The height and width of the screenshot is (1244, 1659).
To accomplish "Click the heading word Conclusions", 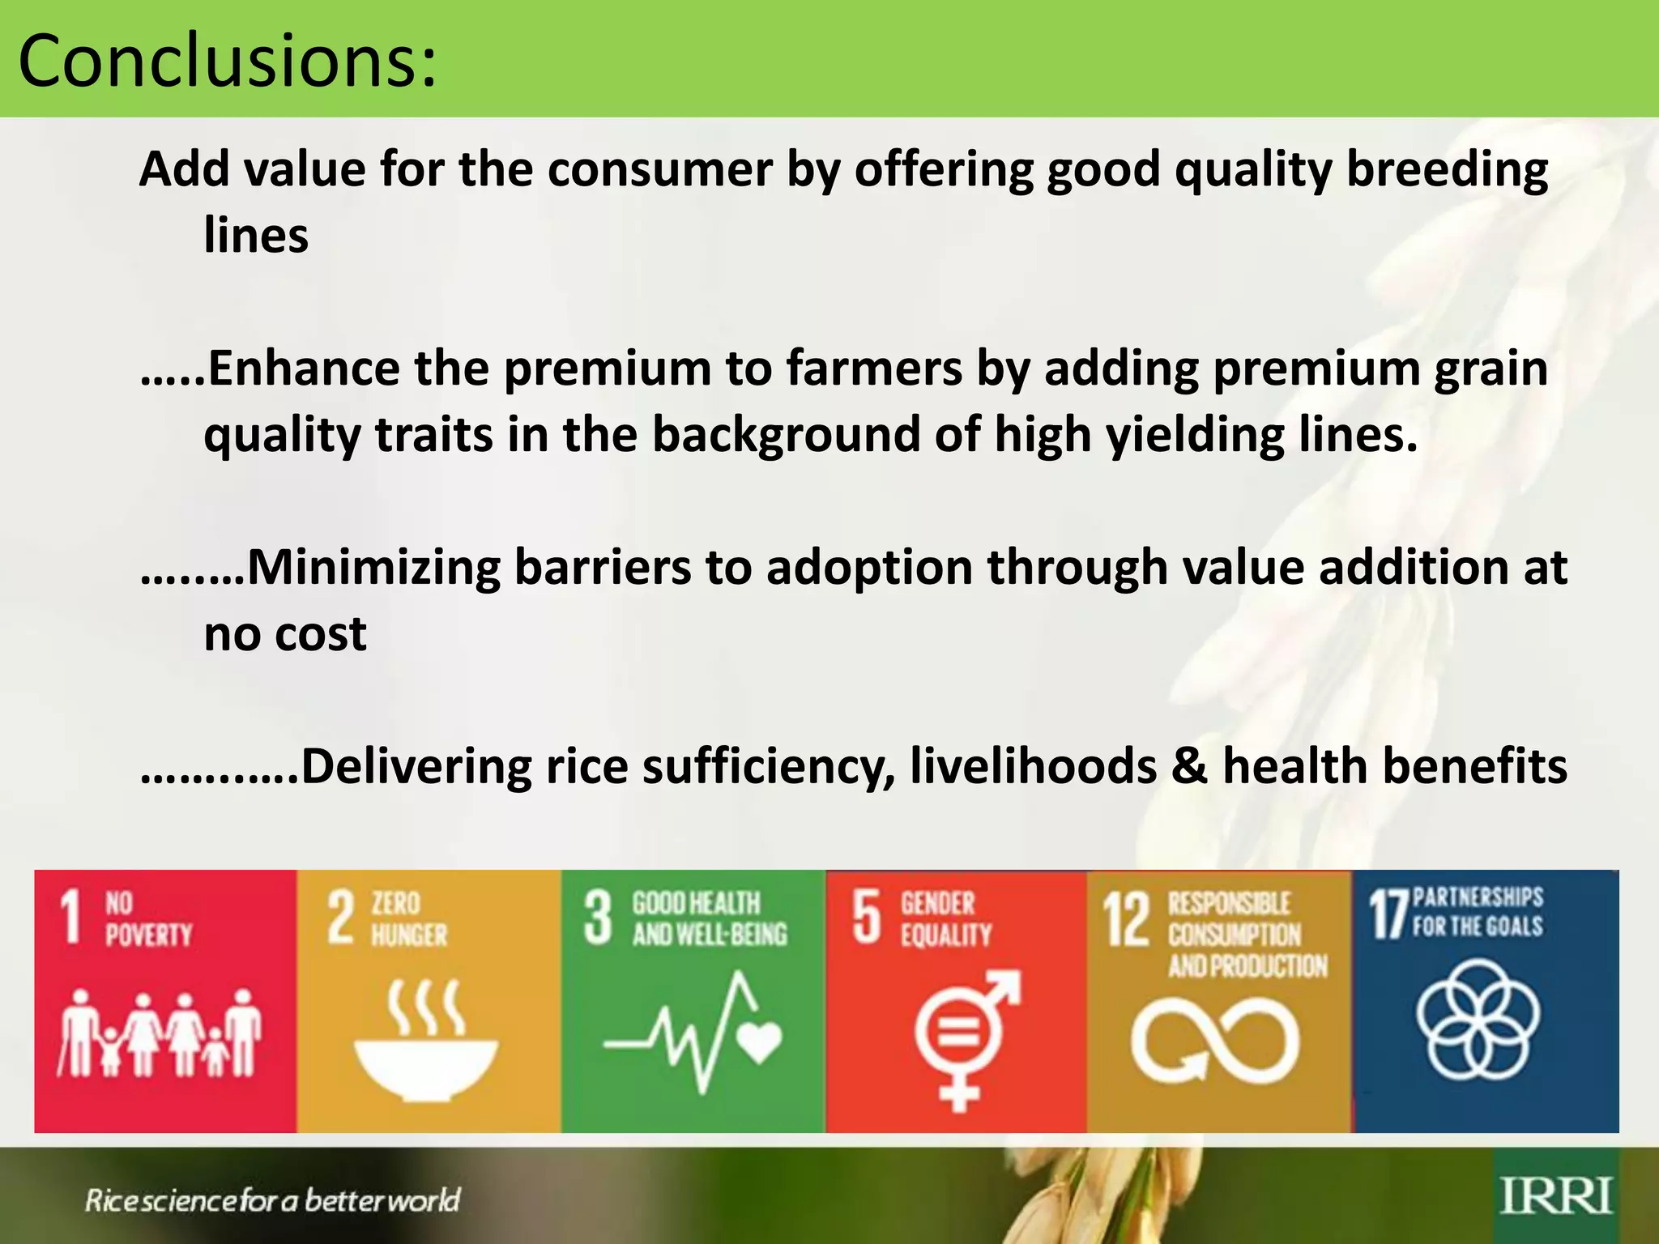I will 227,62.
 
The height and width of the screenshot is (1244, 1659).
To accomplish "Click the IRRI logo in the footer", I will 1555,1196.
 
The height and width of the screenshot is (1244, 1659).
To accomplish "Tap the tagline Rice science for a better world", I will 272,1199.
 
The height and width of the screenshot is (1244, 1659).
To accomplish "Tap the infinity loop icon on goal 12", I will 1215,1040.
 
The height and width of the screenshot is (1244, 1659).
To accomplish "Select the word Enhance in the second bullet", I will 304,369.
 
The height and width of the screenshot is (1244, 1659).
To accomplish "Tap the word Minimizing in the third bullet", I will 373,567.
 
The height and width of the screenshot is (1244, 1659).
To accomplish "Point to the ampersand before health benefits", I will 1188,766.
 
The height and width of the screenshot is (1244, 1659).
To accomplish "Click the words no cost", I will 284,633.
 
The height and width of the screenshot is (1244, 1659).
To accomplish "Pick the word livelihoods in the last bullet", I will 1033,766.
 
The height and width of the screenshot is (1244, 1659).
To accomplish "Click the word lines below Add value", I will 256,236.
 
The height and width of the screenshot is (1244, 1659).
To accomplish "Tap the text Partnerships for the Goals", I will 1478,911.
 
